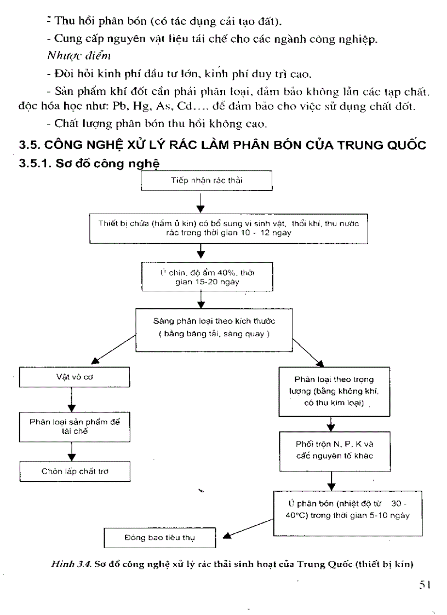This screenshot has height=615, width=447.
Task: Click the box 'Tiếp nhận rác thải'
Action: coord(207,181)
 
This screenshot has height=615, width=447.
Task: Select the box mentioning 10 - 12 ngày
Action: coord(228,228)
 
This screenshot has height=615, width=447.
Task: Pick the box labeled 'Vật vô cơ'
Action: coord(74,377)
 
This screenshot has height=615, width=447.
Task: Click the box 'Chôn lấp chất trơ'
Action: coord(74,471)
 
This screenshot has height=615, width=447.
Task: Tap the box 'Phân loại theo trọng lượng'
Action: coord(334,390)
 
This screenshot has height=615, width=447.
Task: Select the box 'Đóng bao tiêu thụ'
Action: coord(160,537)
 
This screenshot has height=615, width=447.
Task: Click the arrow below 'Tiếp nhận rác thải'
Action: coord(201,202)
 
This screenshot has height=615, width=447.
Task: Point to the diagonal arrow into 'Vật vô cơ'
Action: coord(112,351)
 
